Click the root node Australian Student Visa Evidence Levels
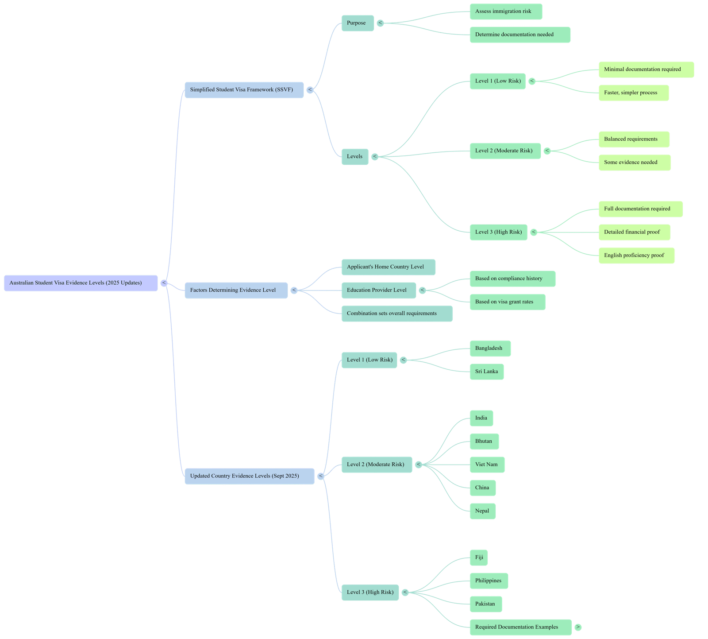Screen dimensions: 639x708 [x=81, y=283]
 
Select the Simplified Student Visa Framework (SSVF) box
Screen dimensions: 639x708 [x=244, y=90]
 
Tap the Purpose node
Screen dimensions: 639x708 [x=358, y=23]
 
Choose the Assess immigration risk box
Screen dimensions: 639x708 [x=506, y=12]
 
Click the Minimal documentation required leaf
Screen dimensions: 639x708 [x=646, y=70]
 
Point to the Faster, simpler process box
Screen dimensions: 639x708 [x=633, y=93]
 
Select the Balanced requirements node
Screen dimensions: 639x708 [x=634, y=139]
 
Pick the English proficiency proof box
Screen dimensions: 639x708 [x=636, y=256]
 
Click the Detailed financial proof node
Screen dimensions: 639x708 [x=634, y=232]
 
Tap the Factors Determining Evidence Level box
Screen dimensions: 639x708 [x=236, y=290]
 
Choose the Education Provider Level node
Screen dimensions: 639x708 [x=379, y=290]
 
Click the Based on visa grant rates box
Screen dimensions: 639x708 [x=507, y=302]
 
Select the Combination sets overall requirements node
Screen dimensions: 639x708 [x=397, y=314]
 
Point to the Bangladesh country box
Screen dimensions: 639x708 [x=490, y=349]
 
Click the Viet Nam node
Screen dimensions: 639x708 [x=487, y=465]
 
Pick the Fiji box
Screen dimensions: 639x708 [x=479, y=558]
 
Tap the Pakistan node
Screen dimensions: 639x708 [x=485, y=604]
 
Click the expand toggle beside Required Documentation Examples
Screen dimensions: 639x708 [x=578, y=627]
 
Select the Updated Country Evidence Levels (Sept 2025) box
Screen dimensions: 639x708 [x=250, y=476]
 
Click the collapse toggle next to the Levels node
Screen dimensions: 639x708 [x=375, y=157]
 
